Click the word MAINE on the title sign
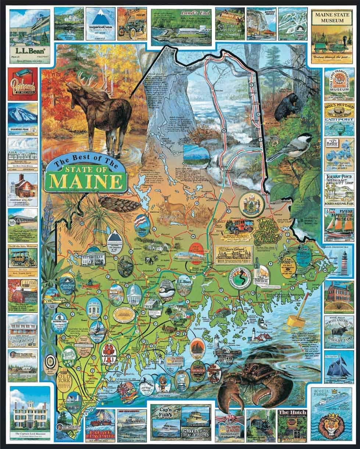tap(86, 181)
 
